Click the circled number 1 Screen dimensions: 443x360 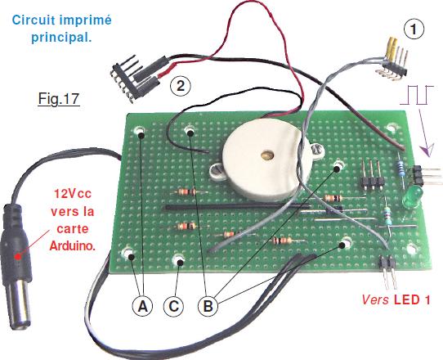pyautogui.click(x=414, y=29)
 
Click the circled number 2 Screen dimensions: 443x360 pyautogui.click(x=181, y=85)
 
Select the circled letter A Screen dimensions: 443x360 pyautogui.click(x=143, y=306)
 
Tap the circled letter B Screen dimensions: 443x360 pyautogui.click(x=208, y=306)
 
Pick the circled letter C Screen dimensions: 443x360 pyautogui.click(x=174, y=306)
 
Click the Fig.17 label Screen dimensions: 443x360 pyautogui.click(x=59, y=98)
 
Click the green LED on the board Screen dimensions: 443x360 pyautogui.click(x=412, y=197)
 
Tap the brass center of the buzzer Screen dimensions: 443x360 pyautogui.click(x=267, y=155)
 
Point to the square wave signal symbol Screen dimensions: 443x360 pyautogui.click(x=417, y=95)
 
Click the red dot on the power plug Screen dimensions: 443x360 pyautogui.click(x=18, y=256)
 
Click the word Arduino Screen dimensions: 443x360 pyautogui.click(x=72, y=246)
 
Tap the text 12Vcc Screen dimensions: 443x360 pyautogui.click(x=73, y=194)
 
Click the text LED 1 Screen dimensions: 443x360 pyautogui.click(x=412, y=299)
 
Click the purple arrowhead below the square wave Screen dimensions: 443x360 pyautogui.click(x=427, y=151)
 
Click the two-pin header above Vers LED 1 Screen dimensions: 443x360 pyautogui.click(x=387, y=272)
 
